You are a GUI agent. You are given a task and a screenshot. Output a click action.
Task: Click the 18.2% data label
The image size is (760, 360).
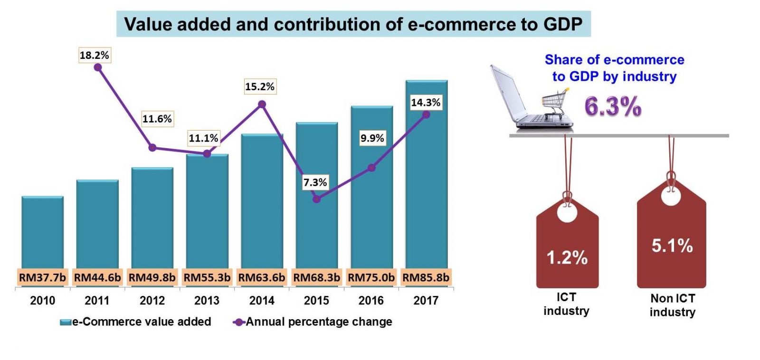coord(94,55)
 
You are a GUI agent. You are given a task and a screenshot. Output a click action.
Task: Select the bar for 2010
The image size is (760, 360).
coord(42,233)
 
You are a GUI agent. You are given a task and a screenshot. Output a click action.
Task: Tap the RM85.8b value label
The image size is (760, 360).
coord(426,277)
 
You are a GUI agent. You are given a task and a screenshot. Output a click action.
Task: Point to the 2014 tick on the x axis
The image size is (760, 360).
coord(262,300)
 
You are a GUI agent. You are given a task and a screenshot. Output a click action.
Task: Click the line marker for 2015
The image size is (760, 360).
coord(317,199)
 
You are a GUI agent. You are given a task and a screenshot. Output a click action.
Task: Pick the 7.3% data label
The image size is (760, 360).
coord(315,182)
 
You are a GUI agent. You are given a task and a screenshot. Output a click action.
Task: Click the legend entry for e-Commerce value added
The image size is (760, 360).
coord(136,322)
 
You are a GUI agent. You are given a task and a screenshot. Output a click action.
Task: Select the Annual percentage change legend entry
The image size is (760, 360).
coord(313,322)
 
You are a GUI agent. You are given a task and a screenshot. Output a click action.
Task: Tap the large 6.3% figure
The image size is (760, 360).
coord(613,106)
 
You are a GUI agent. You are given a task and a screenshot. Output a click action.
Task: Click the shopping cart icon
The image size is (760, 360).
coord(555,102)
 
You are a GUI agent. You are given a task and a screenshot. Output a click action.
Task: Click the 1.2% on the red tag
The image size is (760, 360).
coord(567,257)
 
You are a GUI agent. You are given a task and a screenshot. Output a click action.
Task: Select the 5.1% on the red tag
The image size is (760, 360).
coord(672,246)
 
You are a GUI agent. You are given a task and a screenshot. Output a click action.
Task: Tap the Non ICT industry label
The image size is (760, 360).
coord(672,305)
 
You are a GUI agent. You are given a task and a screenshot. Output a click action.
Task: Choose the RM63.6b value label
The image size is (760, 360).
coord(262,277)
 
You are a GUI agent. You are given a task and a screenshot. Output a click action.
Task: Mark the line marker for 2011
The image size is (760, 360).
coord(98,67)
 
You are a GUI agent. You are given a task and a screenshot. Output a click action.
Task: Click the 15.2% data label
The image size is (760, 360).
coord(260,86)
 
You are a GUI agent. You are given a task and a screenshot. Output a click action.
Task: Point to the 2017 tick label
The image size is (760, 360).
coord(426,300)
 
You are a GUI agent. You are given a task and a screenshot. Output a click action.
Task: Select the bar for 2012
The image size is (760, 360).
coord(152,218)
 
